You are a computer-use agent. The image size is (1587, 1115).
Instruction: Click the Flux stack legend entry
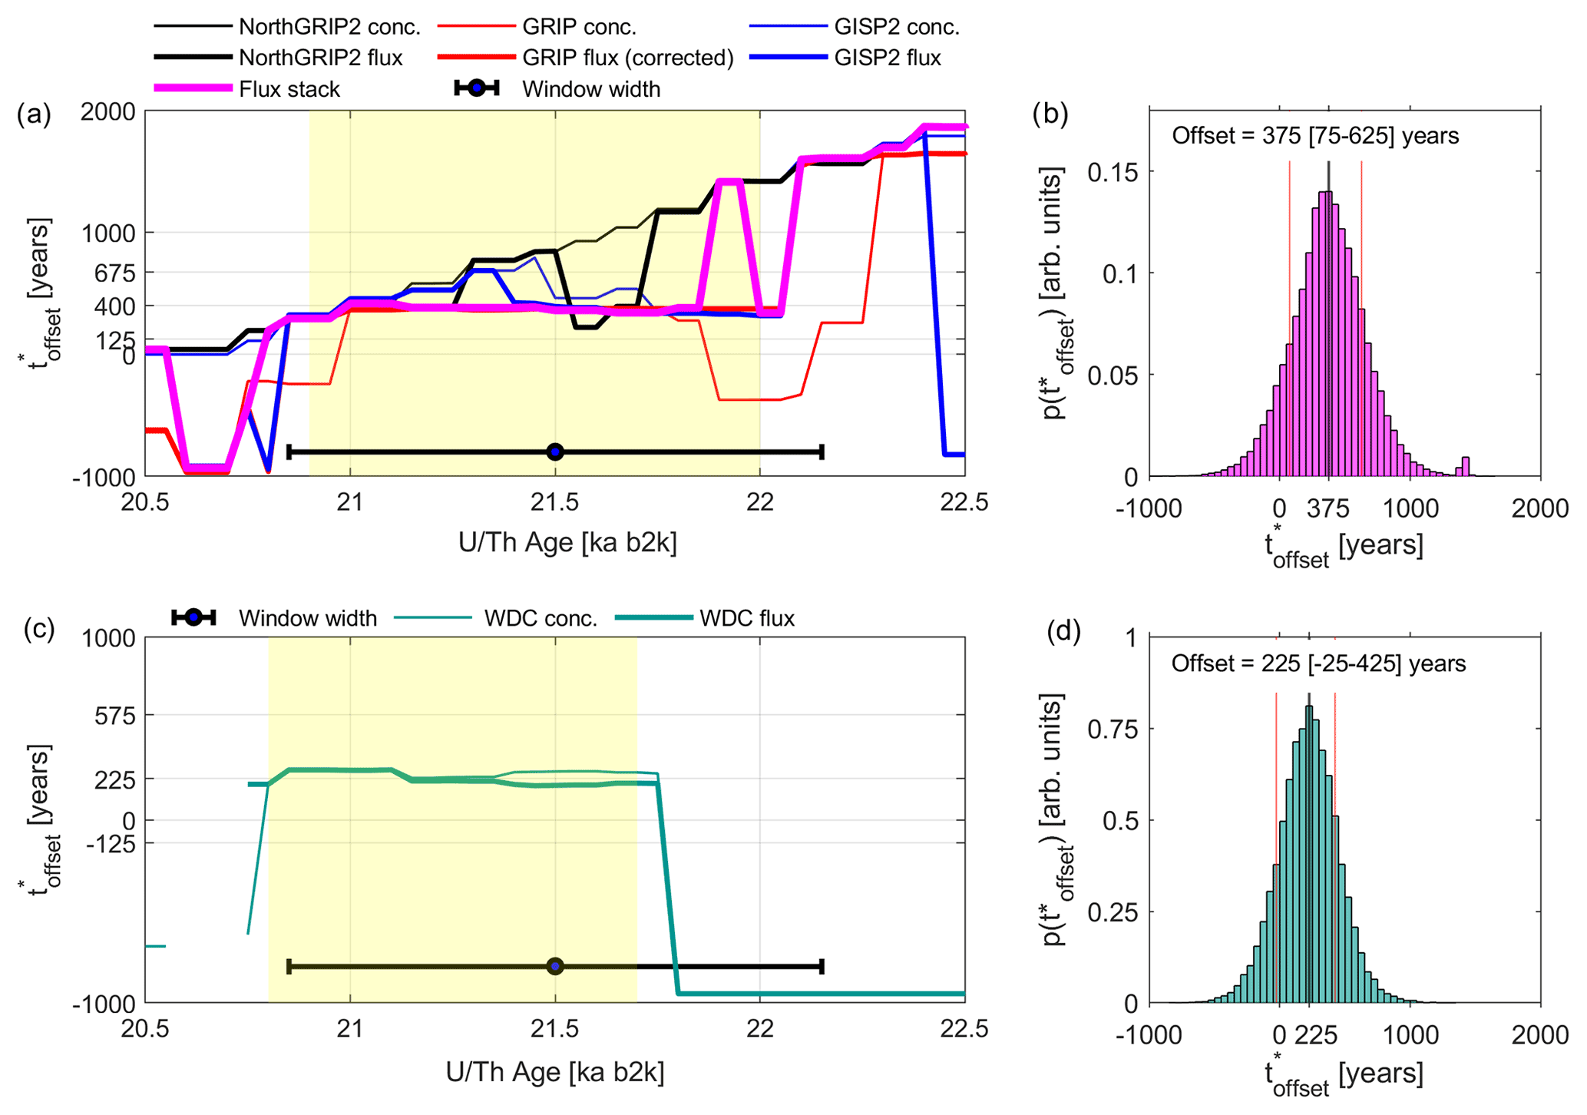(289, 89)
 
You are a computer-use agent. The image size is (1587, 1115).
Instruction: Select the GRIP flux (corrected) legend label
(627, 58)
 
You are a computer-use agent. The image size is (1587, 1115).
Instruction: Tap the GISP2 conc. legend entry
(896, 27)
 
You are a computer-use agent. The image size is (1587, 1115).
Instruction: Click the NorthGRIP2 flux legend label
(320, 58)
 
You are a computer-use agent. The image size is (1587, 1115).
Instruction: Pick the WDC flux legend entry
(746, 618)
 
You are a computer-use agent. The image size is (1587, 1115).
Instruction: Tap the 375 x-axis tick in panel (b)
(1328, 508)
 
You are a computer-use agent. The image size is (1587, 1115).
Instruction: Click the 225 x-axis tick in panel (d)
(1316, 1035)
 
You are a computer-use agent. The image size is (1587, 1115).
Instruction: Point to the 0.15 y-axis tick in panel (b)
(1113, 172)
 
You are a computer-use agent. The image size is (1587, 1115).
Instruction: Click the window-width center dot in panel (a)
(555, 452)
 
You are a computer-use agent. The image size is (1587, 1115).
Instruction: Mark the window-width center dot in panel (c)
(555, 966)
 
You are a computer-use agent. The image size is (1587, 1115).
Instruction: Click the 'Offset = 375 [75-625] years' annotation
(1314, 136)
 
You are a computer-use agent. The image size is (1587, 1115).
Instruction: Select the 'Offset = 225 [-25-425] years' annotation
(1318, 663)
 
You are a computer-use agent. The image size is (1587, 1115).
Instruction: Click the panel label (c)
(38, 628)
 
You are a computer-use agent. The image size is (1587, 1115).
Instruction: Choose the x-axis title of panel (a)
(567, 543)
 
